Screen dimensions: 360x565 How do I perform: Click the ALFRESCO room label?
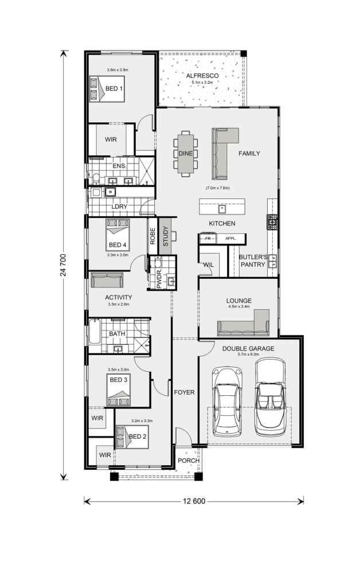point(202,76)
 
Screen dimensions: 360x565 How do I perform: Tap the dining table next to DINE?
point(186,154)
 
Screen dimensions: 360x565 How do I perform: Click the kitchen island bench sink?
point(222,208)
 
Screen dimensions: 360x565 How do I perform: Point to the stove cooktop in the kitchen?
point(272,222)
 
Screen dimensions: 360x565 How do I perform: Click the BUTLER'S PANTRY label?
point(253,260)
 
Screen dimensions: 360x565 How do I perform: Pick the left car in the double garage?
point(227,401)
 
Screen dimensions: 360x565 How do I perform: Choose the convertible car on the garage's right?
point(271,397)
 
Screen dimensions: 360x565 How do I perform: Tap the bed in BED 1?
point(107,89)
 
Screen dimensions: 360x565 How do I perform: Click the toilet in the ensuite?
point(96,179)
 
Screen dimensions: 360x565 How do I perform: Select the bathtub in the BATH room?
point(95,331)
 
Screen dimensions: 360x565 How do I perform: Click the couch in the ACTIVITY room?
point(107,280)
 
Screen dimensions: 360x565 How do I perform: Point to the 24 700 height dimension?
point(64,265)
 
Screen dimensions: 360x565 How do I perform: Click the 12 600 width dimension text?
point(194,501)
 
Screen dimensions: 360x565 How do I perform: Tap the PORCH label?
point(189,461)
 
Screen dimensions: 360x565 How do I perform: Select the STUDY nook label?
point(166,236)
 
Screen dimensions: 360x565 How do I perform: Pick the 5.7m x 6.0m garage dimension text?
point(248,354)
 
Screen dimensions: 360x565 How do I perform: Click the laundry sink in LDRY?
point(110,192)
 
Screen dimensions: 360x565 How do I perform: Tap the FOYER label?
point(185,392)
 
